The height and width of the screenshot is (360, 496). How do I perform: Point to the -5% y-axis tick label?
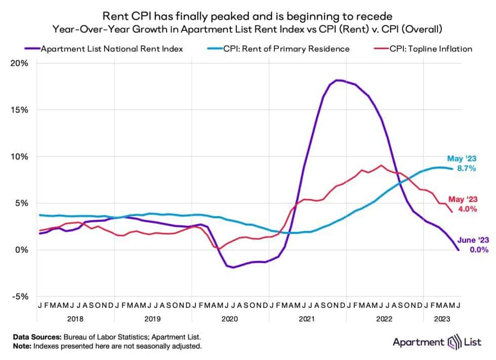(20, 296)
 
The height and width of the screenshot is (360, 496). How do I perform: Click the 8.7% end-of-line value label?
(466, 169)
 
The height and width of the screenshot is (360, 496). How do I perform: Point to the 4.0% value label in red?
(466, 209)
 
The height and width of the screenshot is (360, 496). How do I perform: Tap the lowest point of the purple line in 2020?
(233, 267)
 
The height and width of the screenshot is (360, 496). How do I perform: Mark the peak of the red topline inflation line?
(381, 165)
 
